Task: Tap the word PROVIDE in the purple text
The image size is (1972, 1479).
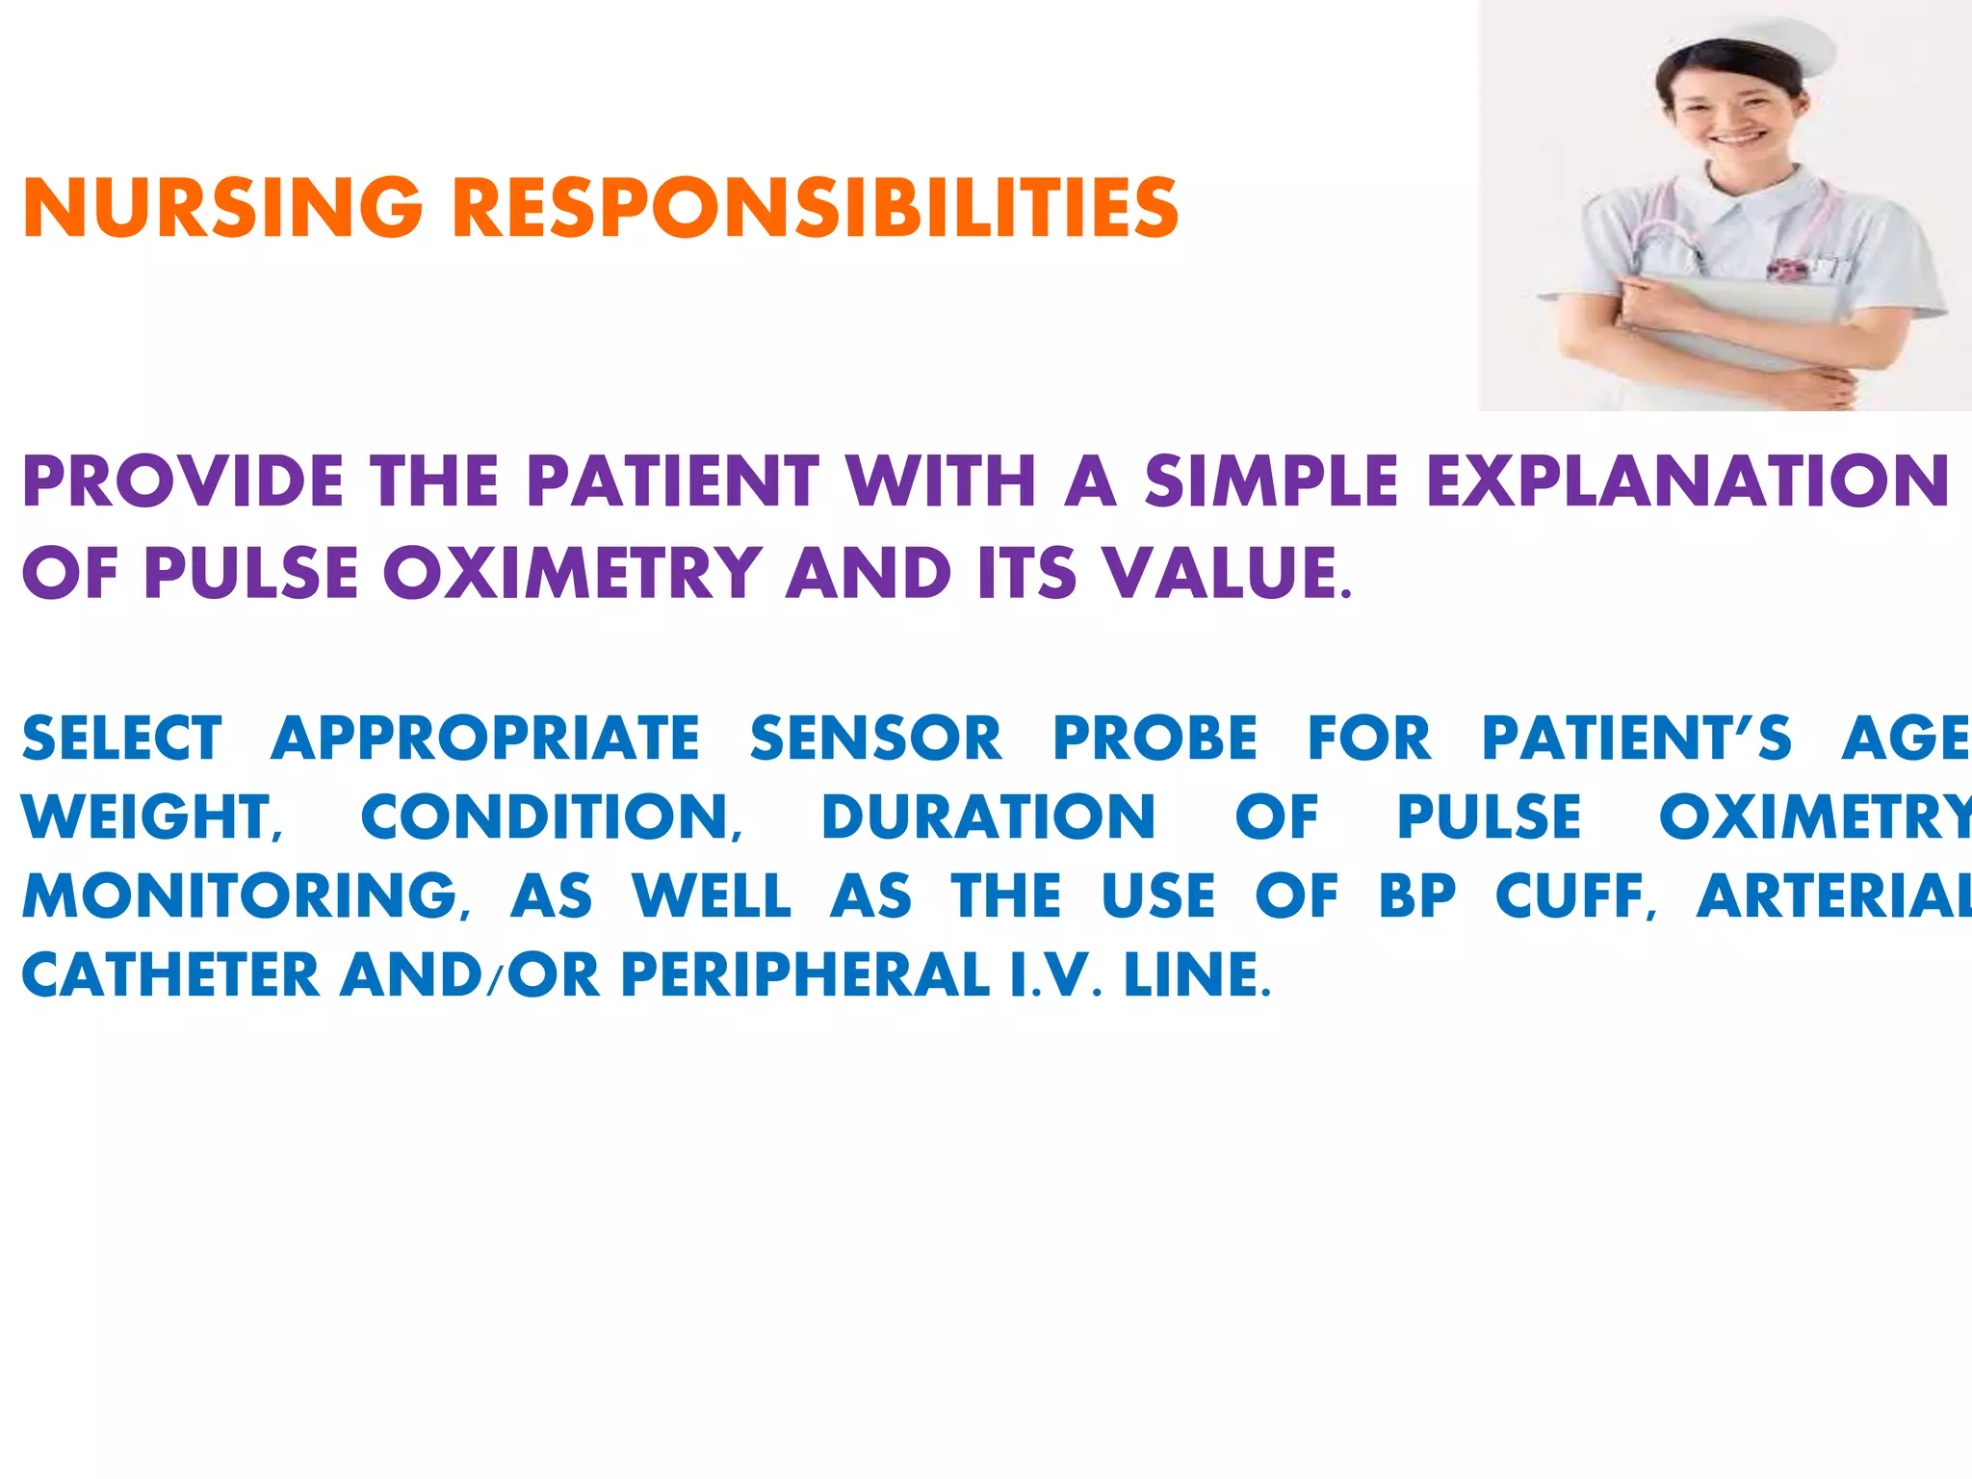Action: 183,480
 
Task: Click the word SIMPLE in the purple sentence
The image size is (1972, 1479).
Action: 1271,480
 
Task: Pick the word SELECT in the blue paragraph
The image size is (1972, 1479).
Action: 122,739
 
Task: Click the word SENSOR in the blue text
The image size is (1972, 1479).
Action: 876,739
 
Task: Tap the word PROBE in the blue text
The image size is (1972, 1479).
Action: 1155,739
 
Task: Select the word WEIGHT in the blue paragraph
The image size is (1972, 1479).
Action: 149,817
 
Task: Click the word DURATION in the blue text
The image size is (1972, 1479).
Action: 989,817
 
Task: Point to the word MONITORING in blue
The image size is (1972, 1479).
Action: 241,896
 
